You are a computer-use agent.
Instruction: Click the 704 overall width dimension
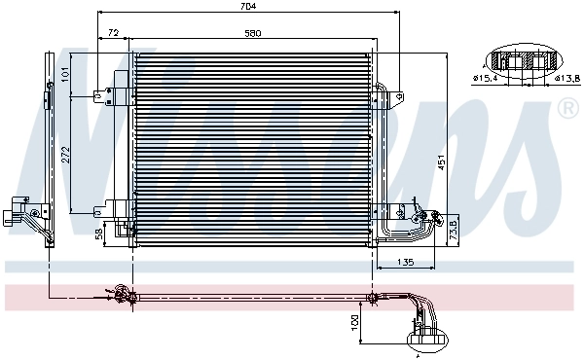(247, 7)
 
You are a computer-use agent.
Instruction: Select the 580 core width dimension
(253, 33)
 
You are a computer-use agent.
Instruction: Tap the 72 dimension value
(113, 33)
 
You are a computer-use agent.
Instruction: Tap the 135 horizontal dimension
(407, 261)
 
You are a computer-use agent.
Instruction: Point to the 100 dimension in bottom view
(355, 320)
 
